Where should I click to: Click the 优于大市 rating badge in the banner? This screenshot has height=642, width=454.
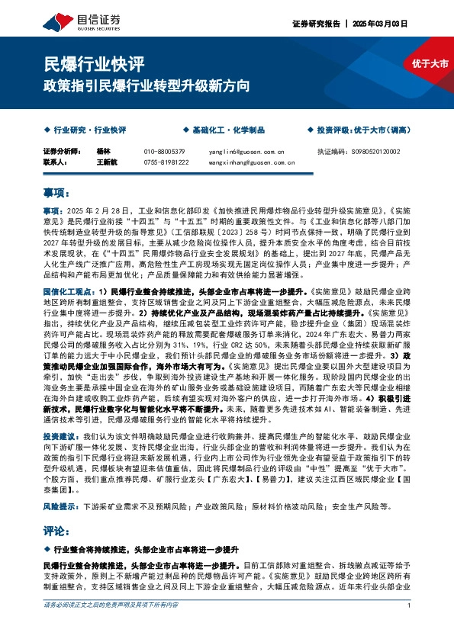point(430,63)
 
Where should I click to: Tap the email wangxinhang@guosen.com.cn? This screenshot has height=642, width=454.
point(252,162)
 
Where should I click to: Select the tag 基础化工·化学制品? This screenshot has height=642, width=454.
point(223,130)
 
